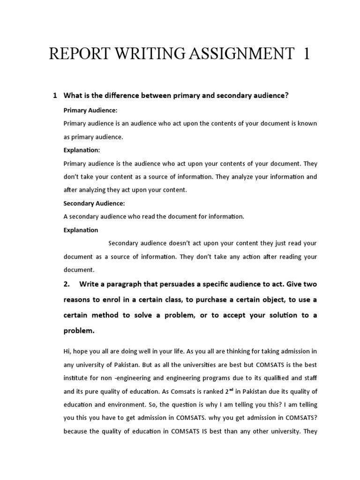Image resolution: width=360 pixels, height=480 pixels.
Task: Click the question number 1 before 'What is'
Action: [55, 96]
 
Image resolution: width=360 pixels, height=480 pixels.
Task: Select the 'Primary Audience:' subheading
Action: [90, 110]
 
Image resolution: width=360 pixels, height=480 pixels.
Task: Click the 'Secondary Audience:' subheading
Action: [93, 203]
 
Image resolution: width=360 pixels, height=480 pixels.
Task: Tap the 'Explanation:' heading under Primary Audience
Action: [82, 150]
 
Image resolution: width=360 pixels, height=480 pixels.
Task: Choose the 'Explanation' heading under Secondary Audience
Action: [81, 230]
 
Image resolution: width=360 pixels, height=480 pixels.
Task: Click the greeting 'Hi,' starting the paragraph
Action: [67, 351]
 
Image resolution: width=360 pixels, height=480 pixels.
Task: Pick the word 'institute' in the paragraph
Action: [76, 377]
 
